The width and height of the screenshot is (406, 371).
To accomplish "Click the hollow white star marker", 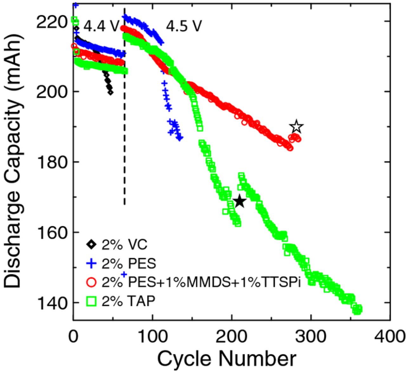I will [296, 127].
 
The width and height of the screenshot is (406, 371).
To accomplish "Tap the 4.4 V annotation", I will [101, 27].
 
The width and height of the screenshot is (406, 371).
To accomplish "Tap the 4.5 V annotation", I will [184, 27].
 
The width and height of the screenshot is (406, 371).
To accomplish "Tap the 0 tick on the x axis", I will [73, 336].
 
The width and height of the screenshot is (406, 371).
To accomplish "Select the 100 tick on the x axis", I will [153, 336].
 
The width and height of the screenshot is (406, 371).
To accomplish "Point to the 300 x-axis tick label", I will [311, 336].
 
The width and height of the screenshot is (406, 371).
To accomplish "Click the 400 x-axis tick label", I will [390, 336].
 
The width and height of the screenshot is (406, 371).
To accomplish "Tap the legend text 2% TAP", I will [128, 301].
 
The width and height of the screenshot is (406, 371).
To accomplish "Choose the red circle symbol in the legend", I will [91, 282].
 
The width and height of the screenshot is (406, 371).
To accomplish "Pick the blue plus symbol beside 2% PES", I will [91, 263].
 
